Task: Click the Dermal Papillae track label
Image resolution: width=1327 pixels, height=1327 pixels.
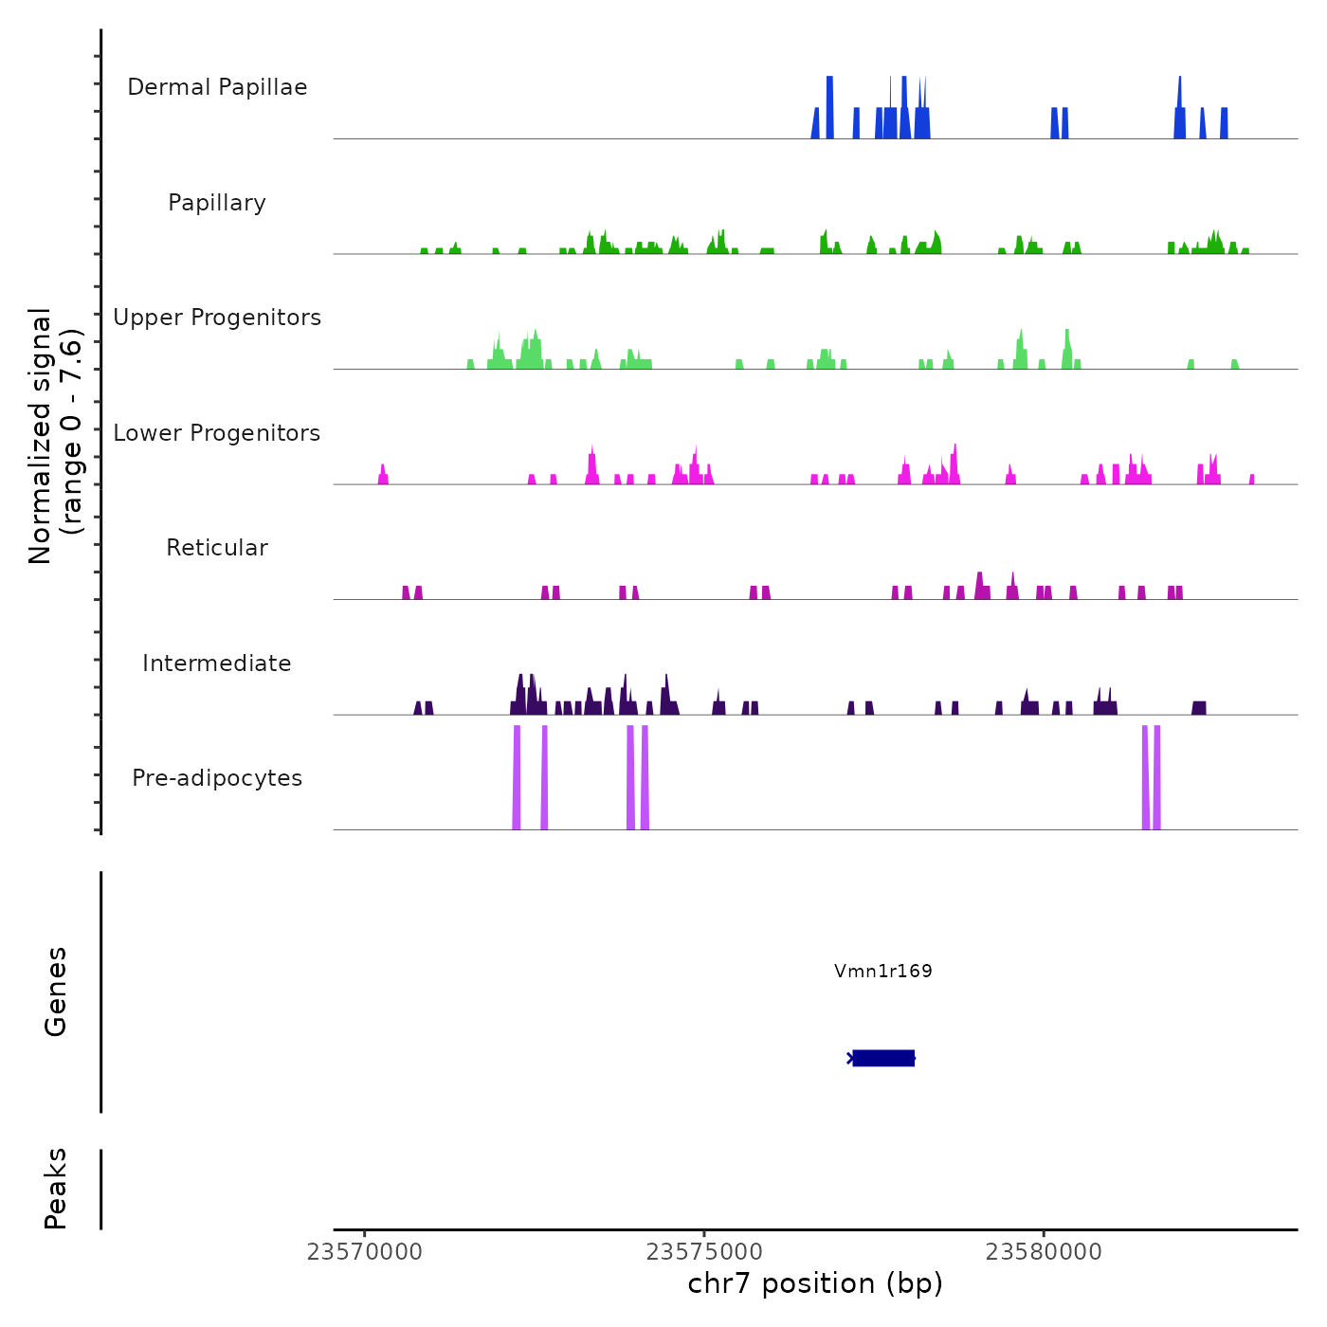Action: pyautogui.click(x=217, y=87)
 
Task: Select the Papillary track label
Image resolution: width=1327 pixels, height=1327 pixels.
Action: pyautogui.click(x=217, y=203)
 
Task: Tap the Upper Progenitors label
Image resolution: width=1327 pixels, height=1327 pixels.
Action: pyautogui.click(x=217, y=318)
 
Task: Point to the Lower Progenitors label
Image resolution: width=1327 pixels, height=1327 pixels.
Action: pyautogui.click(x=217, y=433)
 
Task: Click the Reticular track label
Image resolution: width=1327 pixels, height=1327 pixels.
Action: pyautogui.click(x=217, y=548)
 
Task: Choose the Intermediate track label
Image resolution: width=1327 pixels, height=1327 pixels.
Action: pyautogui.click(x=217, y=663)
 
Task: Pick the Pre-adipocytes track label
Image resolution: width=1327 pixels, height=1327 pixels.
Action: pyautogui.click(x=217, y=778)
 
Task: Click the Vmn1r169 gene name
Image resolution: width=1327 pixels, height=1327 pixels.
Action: pyautogui.click(x=882, y=971)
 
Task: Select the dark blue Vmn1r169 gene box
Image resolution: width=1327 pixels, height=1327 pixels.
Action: pyautogui.click(x=883, y=1058)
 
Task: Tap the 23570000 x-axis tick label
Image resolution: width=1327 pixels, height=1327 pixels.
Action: pyautogui.click(x=365, y=1252)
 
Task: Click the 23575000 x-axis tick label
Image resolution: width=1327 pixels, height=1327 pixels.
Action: pyautogui.click(x=704, y=1252)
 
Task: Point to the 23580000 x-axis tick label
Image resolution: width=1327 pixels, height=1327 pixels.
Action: pyautogui.click(x=1044, y=1252)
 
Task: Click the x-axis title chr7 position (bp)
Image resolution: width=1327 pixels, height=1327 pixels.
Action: pyautogui.click(x=815, y=1283)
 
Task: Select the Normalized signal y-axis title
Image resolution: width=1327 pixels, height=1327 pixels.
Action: pyautogui.click(x=55, y=436)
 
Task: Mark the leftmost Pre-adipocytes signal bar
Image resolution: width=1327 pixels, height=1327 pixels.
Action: pyautogui.click(x=517, y=777)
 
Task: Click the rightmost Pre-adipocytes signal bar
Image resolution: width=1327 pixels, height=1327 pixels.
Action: pyautogui.click(x=1157, y=777)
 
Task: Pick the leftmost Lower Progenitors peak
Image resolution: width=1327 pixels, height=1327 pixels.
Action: pyautogui.click(x=383, y=475)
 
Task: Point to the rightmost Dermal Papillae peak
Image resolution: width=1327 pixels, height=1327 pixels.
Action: pyautogui.click(x=1224, y=123)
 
